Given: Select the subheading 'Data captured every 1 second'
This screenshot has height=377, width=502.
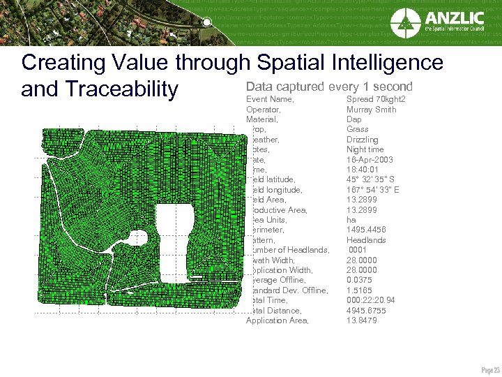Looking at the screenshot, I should coord(329,87).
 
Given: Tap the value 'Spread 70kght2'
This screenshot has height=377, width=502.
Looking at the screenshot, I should coord(376,99).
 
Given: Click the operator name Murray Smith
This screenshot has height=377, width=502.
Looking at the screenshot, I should coord(371,110).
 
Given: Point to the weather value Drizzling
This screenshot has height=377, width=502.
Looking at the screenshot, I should coord(363,140).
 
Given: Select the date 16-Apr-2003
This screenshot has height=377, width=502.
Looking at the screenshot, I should coord(370,160).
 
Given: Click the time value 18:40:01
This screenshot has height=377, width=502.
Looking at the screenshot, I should coord(363,170).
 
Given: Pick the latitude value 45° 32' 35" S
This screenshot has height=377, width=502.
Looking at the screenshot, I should coord(372,179).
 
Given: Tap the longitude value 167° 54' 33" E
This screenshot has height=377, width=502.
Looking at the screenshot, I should coord(373,190).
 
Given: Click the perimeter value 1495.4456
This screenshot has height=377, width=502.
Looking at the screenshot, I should coord(366,230).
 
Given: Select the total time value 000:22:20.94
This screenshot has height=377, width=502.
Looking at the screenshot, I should coord(371,300).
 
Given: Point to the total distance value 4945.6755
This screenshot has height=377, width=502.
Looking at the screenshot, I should coord(366,311).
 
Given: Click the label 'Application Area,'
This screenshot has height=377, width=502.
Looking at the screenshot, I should coord(276,320).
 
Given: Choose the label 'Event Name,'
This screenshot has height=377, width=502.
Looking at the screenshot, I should coord(270,99).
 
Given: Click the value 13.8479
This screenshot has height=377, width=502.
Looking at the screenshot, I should coord(362,320).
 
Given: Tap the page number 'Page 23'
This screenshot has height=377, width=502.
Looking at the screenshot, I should coord(490,369).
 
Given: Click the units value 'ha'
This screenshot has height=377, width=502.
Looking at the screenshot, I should coord(351,220).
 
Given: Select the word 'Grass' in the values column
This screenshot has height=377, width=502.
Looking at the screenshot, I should coord(358,129).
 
